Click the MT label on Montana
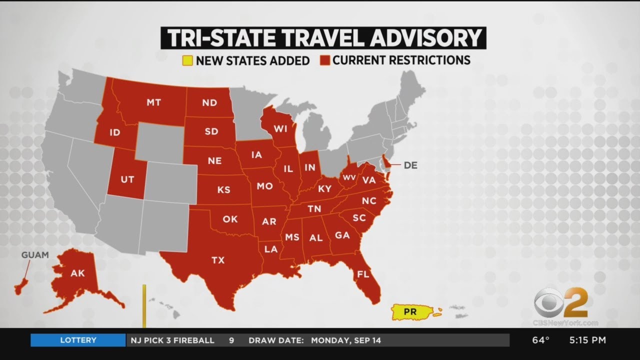(153, 102)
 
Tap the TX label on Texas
(218, 260)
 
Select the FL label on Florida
(362, 274)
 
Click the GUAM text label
(35, 255)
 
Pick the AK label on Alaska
(77, 273)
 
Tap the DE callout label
(410, 165)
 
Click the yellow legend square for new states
(187, 61)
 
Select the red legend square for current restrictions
(325, 60)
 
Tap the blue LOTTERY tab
(78, 340)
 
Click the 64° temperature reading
(540, 340)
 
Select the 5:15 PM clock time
(587, 340)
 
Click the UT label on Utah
(127, 179)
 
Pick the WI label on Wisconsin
(280, 129)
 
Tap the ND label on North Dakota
(209, 102)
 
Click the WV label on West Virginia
(348, 177)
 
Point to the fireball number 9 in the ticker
(231, 340)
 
